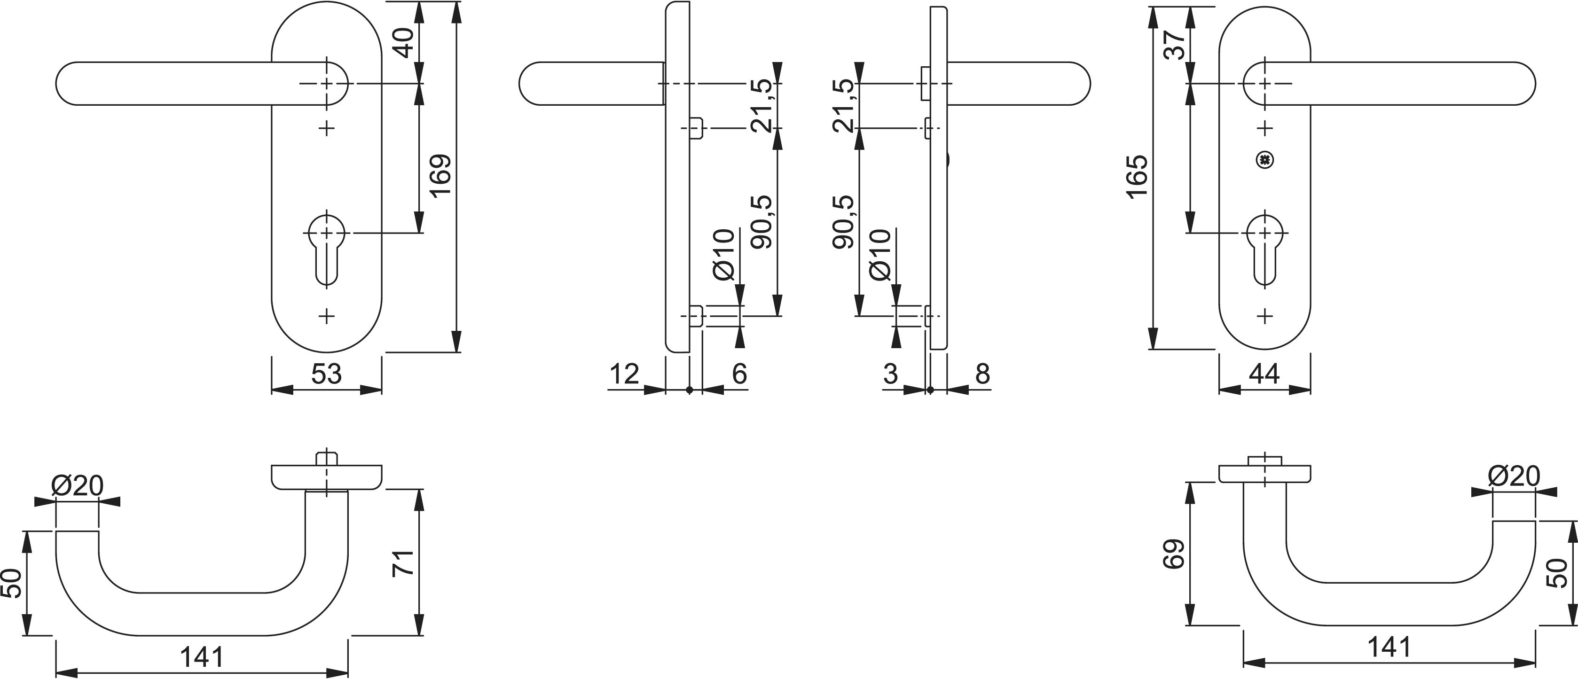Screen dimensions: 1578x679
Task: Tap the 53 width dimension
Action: click(327, 374)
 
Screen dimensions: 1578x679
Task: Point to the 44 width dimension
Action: click(1264, 374)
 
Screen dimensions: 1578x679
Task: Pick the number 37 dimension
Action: click(1174, 45)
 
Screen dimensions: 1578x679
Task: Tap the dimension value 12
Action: click(624, 374)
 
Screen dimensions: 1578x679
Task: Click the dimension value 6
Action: click(739, 374)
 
